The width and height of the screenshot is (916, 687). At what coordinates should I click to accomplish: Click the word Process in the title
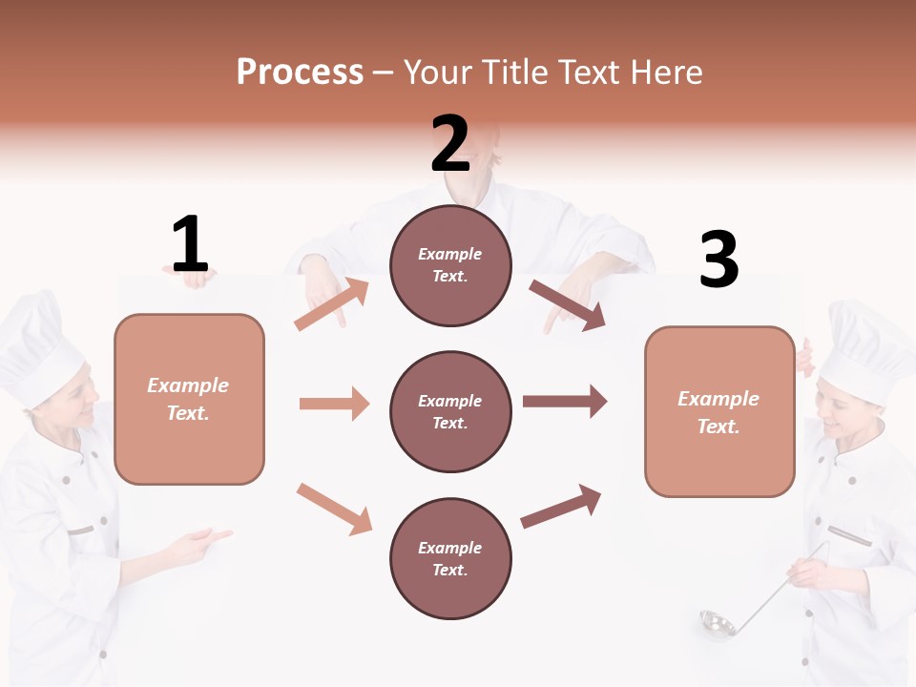point(300,73)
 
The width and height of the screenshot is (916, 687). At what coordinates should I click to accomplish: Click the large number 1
point(190,244)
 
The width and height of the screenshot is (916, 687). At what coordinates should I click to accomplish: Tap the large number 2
point(450,143)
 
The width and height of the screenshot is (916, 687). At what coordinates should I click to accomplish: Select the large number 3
point(718,260)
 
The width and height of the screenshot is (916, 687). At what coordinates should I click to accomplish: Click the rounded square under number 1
point(189,399)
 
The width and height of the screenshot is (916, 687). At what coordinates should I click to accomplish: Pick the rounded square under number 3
point(719,411)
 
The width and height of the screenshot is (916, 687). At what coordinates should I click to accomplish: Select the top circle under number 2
point(450,265)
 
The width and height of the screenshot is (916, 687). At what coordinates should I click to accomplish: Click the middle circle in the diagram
point(450,411)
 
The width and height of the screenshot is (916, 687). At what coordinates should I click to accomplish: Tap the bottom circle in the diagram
point(450,558)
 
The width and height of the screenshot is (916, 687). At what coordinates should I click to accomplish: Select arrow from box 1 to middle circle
point(334,404)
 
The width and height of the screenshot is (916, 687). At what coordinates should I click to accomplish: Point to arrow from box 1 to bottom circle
point(334,508)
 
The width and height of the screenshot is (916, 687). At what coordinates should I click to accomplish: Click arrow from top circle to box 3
point(568,305)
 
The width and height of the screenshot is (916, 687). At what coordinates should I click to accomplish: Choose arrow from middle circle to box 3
point(565,401)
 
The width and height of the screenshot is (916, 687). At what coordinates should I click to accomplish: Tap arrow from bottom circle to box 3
point(562,507)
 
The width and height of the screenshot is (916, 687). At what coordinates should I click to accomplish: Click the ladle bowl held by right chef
point(716,625)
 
